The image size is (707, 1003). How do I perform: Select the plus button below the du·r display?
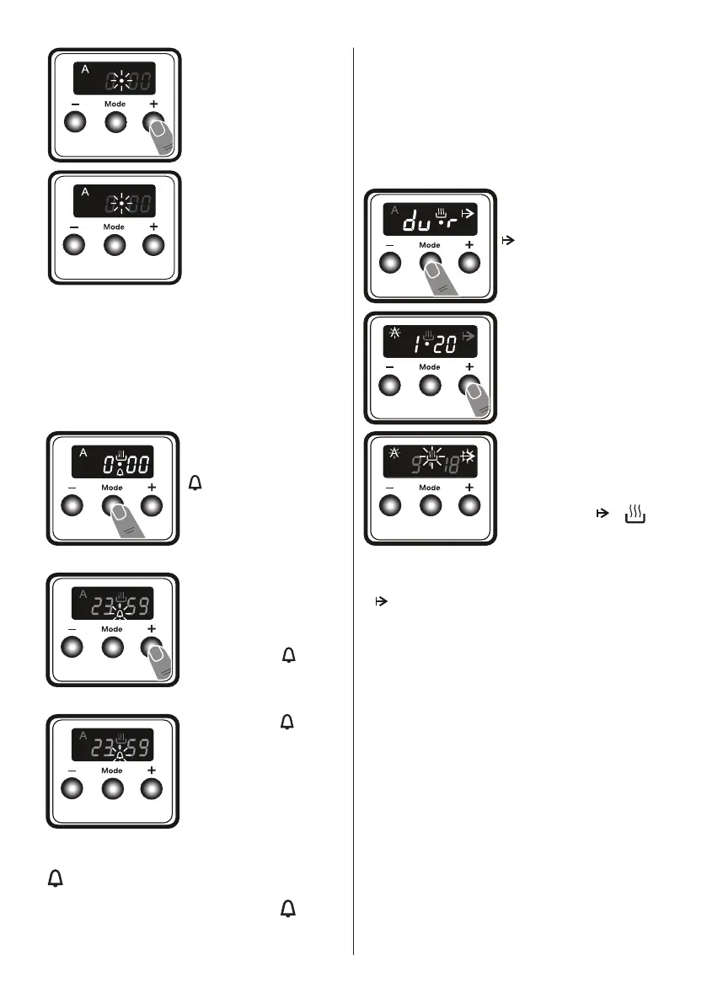point(469,262)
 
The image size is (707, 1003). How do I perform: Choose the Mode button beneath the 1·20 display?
point(430,385)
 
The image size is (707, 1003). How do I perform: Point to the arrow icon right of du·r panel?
point(507,240)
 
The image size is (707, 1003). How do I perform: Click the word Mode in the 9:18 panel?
point(430,488)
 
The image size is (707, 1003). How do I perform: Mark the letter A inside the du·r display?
point(393,211)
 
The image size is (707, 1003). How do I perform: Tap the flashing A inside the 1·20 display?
point(393,333)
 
